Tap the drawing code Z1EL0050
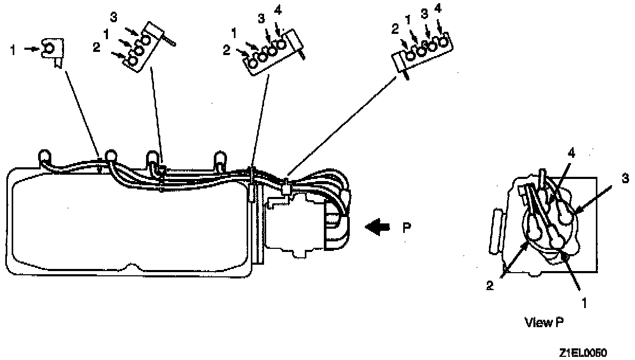pyautogui.click(x=582, y=353)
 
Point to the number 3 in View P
pyautogui.click(x=625, y=179)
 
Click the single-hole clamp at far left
pyautogui.click(x=52, y=51)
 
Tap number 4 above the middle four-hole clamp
pyautogui.click(x=278, y=10)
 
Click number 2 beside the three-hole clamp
pyautogui.click(x=96, y=48)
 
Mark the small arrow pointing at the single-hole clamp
pyautogui.click(x=33, y=49)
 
